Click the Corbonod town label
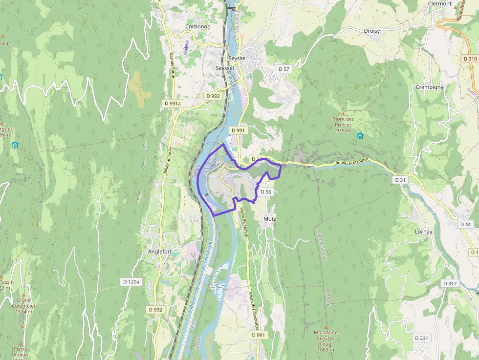(197, 26)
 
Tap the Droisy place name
(372, 31)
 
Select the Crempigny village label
(430, 87)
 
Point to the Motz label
(270, 219)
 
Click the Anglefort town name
(159, 252)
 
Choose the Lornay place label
(423, 232)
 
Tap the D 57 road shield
(284, 69)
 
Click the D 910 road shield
(469, 59)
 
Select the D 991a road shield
(173, 104)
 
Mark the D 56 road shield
(266, 192)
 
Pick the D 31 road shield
(400, 180)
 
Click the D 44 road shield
(466, 224)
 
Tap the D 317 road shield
(449, 284)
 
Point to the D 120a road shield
(131, 282)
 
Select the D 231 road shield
(421, 338)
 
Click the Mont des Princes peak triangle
(343, 113)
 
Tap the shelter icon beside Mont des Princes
(360, 135)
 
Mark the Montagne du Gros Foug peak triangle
(326, 327)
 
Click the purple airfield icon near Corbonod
(186, 47)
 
